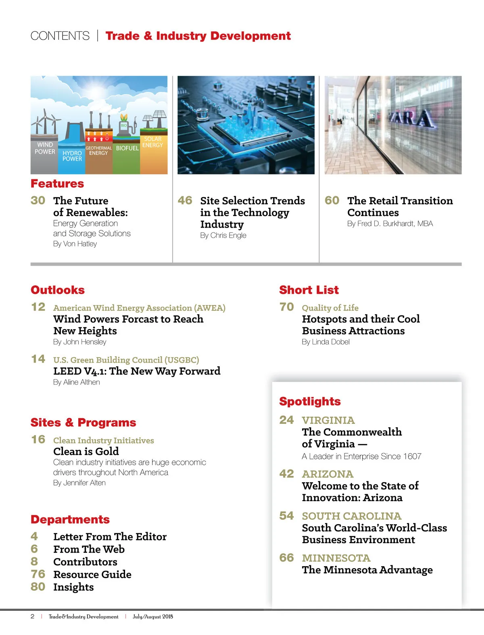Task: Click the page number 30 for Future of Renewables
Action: point(38,200)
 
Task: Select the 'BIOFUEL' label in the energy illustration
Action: point(127,148)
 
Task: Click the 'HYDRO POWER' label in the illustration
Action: point(72,156)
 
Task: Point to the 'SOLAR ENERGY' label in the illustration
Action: point(152,142)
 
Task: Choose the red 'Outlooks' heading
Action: point(58,290)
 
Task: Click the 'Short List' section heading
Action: point(309,290)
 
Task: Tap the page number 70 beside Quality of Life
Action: point(287,307)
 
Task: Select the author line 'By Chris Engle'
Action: point(223,235)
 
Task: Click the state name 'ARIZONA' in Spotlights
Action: point(328,474)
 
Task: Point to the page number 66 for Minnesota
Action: point(287,558)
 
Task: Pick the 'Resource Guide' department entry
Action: point(92,574)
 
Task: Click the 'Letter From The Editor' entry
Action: point(110,537)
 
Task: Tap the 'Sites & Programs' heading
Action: point(83,423)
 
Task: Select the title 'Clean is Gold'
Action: point(86,451)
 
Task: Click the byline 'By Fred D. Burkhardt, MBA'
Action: point(390,224)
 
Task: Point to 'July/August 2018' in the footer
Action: point(153,616)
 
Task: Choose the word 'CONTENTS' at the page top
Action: point(60,36)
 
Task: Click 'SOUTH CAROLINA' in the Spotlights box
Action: point(352,516)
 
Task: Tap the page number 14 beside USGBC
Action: point(38,359)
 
